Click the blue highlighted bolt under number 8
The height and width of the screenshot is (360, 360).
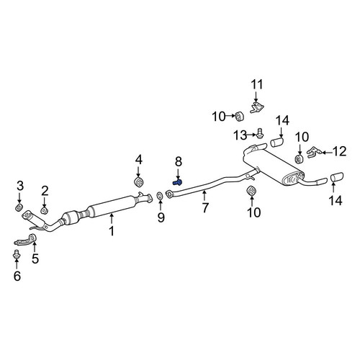[177, 183]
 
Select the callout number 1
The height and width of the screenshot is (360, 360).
[112, 231]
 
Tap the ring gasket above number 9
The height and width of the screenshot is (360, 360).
[160, 196]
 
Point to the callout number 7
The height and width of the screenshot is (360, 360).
[204, 207]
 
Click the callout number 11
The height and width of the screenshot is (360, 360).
[257, 85]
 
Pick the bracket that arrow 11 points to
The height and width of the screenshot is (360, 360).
[256, 107]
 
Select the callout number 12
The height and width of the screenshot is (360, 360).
[340, 152]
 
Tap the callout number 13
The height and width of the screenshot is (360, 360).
[240, 135]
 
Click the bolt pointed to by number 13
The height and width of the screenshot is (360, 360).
[260, 133]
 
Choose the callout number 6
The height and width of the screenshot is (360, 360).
[17, 276]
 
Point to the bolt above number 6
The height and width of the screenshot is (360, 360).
[17, 254]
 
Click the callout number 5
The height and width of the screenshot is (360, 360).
[35, 258]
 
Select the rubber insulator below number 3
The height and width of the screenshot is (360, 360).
[19, 207]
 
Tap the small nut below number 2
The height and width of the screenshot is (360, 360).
[45, 211]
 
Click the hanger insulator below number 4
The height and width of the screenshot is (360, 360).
[138, 182]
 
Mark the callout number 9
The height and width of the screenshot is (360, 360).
[161, 217]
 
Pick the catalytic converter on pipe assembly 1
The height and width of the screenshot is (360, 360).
[72, 217]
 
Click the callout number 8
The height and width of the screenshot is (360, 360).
[179, 162]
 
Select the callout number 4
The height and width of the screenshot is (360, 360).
[139, 160]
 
